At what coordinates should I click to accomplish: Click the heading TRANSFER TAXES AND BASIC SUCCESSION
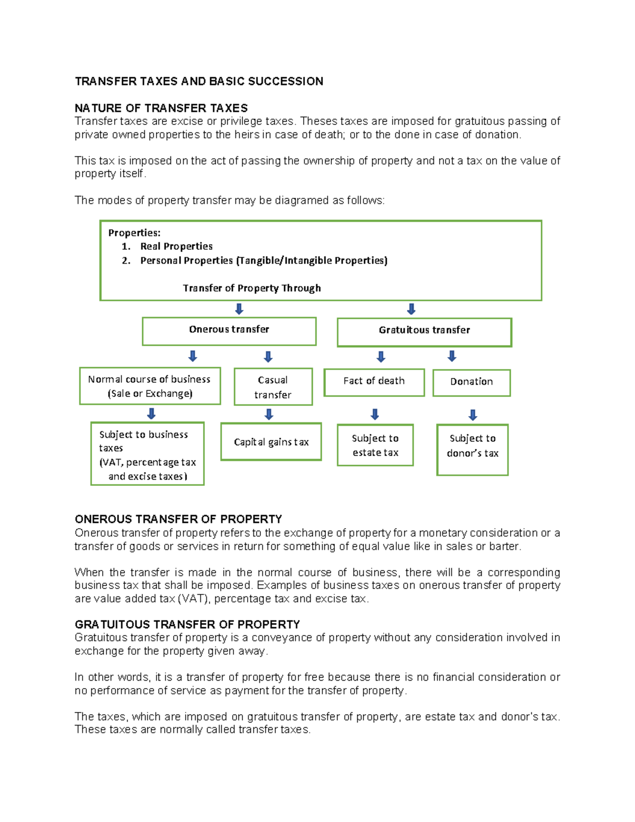[199, 82]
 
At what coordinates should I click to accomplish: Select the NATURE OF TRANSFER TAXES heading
[161, 108]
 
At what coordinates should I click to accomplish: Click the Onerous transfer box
[229, 331]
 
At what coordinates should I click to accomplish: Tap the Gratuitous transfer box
[424, 332]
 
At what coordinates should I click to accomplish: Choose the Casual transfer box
[273, 387]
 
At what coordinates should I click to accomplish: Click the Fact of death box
[374, 382]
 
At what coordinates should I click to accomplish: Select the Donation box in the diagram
[471, 382]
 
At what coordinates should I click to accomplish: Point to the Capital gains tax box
[271, 441]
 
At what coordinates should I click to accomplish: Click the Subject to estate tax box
[375, 445]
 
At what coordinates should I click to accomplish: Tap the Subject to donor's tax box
[473, 449]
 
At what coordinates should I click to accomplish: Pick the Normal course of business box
[150, 386]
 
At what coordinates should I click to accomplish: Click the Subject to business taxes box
[147, 454]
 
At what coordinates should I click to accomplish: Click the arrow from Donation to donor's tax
[473, 414]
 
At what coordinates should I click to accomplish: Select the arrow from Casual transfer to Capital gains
[269, 414]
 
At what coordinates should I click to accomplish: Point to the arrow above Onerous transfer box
[239, 309]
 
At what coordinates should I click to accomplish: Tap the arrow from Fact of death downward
[375, 414]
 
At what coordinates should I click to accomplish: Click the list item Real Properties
[176, 246]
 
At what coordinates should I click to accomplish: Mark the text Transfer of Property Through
[252, 288]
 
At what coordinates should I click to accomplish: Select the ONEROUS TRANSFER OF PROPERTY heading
[178, 519]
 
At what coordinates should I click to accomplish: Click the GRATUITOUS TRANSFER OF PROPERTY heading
[187, 624]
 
